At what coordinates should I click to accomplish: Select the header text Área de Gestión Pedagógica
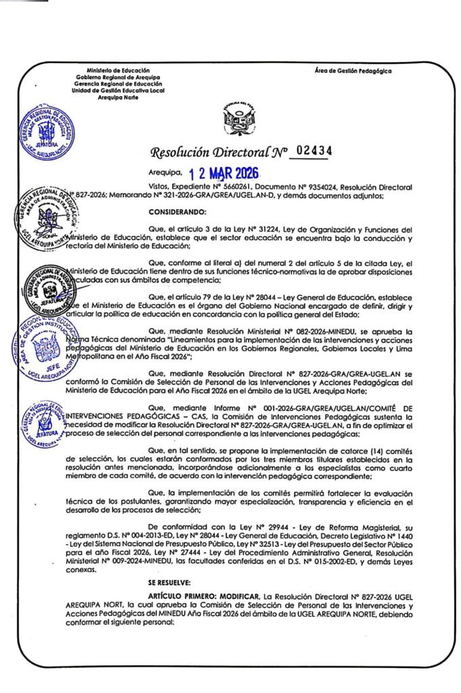[x=353, y=70]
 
